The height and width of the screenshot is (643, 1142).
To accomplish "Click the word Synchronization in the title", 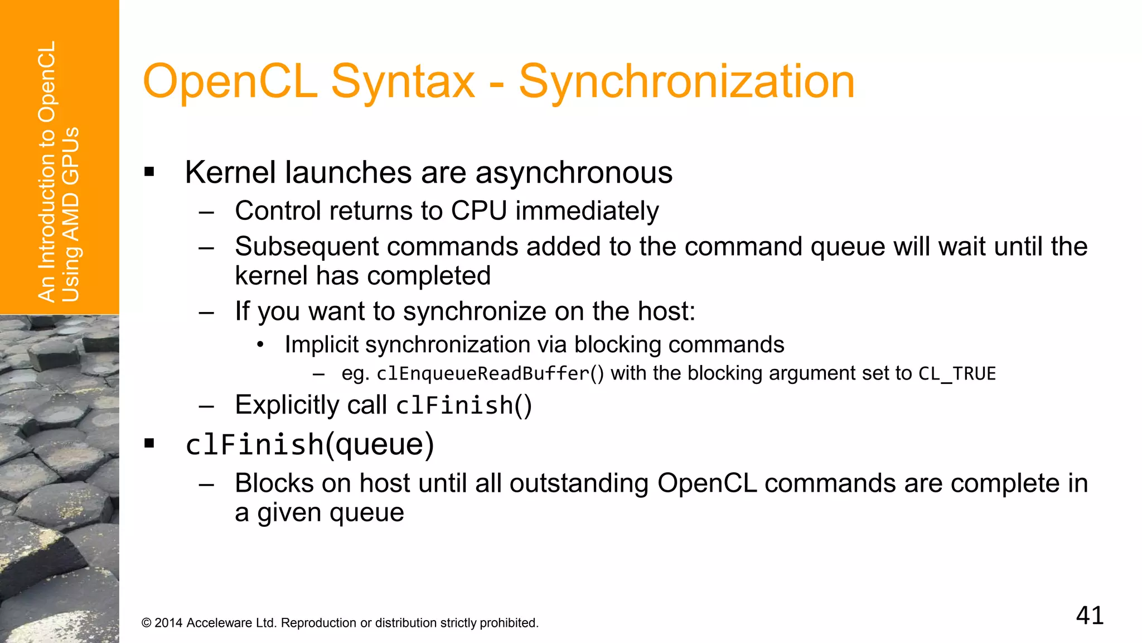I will pos(686,82).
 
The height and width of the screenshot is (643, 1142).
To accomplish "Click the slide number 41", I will pos(1090,616).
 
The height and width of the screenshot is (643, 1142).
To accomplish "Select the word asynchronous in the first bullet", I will pos(574,172).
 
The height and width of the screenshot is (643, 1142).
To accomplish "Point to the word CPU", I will pos(479,211).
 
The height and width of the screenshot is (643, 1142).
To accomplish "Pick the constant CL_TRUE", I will pos(957,373).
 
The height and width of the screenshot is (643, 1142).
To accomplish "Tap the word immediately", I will pos(587,211).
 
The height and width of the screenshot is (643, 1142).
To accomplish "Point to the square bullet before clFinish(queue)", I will pos(149,444).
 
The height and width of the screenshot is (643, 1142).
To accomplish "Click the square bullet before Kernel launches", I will pos(149,172).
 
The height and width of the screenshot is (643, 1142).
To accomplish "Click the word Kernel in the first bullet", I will pos(230,172).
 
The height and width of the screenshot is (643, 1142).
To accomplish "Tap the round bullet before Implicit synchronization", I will pos(260,344).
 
